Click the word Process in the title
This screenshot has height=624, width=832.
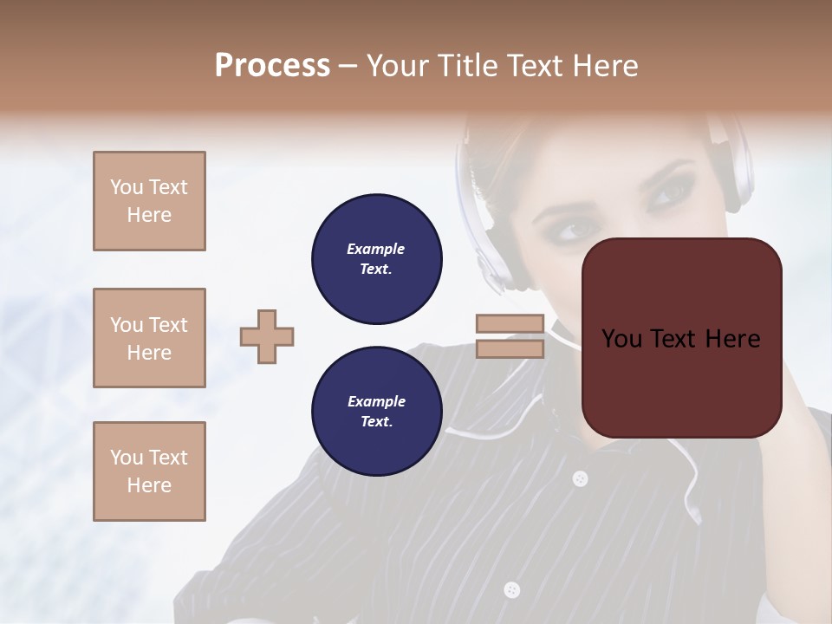tap(272, 66)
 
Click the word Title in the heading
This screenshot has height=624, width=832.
tap(467, 66)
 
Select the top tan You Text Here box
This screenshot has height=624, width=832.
tap(149, 201)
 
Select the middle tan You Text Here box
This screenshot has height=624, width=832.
tap(149, 338)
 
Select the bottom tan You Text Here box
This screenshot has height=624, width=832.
tap(149, 471)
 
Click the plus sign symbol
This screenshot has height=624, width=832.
tap(267, 336)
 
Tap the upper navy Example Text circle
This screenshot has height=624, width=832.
tap(376, 258)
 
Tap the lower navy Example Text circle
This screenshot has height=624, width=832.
tap(376, 411)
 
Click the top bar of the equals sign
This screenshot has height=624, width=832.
tap(510, 324)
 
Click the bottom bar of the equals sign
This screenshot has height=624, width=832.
tap(510, 348)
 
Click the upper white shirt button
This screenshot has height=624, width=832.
tap(580, 478)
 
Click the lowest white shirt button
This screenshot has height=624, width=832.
tap(511, 590)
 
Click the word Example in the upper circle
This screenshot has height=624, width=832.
tap(375, 249)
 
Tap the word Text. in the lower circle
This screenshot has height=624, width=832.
tap(376, 421)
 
